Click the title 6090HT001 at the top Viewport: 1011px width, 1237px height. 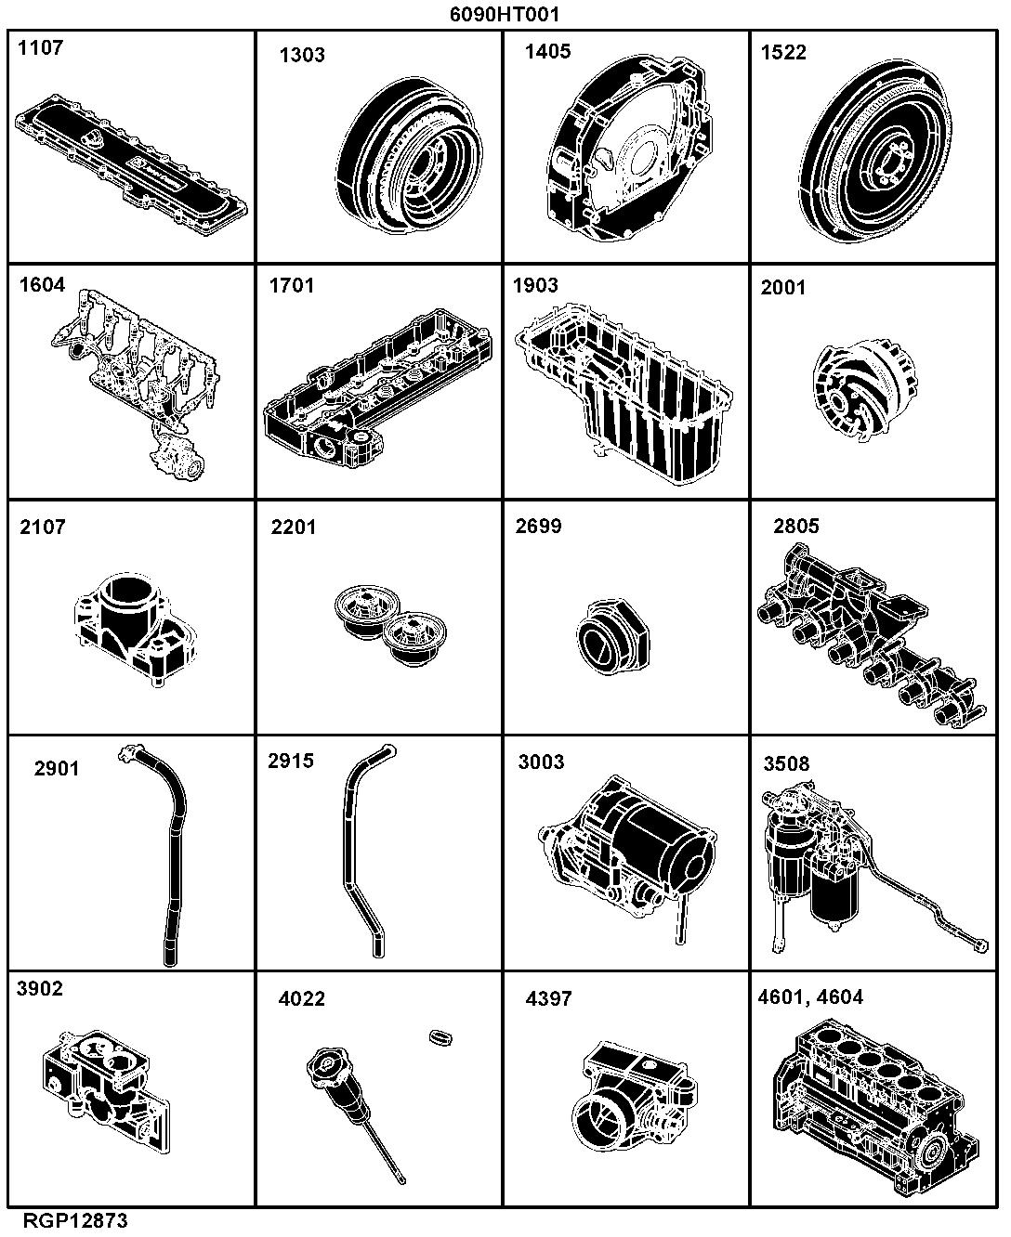tap(505, 14)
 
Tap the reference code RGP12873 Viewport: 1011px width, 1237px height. tap(75, 1220)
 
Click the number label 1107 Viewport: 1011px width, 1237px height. tap(41, 47)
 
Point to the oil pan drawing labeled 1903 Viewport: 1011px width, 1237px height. tap(624, 393)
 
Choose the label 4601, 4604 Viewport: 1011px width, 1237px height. tap(810, 997)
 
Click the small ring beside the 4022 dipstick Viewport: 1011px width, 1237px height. tap(440, 1037)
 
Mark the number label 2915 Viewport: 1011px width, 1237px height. tap(291, 761)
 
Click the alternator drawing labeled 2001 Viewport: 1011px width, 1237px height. tap(865, 390)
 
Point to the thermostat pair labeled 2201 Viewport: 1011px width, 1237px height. tap(390, 626)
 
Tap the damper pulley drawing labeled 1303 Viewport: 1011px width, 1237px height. tap(410, 155)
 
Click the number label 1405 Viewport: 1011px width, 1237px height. tap(547, 52)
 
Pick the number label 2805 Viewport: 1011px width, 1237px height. tap(796, 527)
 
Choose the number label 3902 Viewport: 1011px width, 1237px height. tap(39, 988)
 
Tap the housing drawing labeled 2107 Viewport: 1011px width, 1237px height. tap(135, 630)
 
